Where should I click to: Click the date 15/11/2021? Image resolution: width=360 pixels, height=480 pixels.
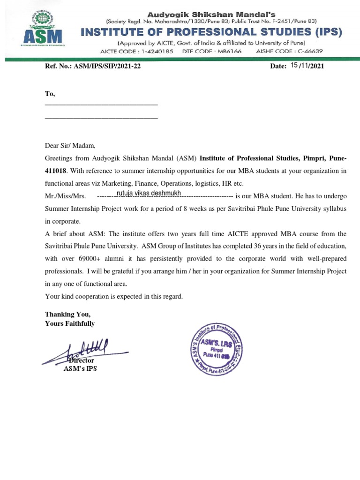click(307, 66)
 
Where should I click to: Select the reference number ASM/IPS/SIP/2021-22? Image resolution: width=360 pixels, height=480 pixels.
click(110, 67)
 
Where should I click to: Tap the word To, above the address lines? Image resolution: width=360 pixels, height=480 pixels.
click(50, 94)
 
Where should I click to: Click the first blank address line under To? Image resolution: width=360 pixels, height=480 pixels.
click(101, 105)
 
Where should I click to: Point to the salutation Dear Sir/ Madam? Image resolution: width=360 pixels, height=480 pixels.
click(70, 146)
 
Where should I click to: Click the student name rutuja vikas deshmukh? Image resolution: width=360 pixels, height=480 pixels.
click(149, 194)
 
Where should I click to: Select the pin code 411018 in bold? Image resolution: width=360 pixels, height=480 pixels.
click(56, 171)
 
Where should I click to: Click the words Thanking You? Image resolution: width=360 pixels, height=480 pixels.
click(67, 314)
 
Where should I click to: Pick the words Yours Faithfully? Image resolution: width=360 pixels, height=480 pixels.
click(70, 323)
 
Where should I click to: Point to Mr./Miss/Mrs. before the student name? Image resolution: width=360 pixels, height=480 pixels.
click(65, 196)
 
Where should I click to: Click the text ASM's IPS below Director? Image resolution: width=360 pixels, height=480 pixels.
click(80, 369)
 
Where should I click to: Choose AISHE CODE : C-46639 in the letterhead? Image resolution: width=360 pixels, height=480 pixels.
click(289, 51)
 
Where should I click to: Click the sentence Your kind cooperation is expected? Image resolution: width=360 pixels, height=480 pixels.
click(114, 296)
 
